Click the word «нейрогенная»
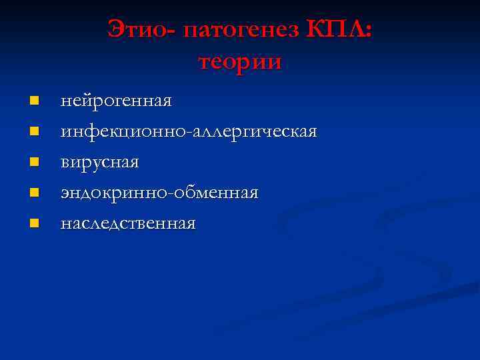point(116,101)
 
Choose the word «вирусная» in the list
point(99,163)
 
